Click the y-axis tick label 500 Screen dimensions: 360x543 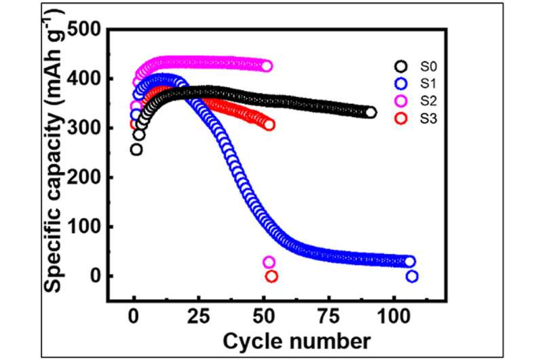tap(81, 30)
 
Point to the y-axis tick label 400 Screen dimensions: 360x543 tap(81, 79)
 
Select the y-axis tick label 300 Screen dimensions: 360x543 tap(81, 128)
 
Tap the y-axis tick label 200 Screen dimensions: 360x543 tap(81, 177)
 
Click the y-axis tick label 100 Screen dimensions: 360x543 tap(81, 227)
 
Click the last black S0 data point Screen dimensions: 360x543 tap(371, 112)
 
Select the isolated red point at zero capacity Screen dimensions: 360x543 tap(271, 276)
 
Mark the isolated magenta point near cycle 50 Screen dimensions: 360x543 tap(269, 262)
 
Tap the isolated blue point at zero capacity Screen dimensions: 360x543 tap(412, 276)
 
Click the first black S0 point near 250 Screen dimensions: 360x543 tap(136, 149)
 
